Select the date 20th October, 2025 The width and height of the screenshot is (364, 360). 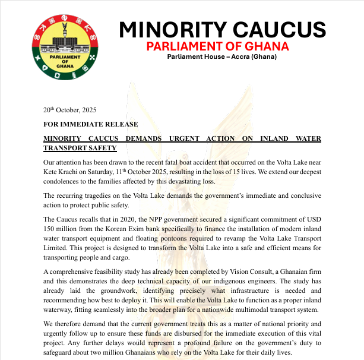coord(69,110)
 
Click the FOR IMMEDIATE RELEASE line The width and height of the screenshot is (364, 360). coord(90,124)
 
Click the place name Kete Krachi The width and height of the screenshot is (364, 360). coord(62,171)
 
